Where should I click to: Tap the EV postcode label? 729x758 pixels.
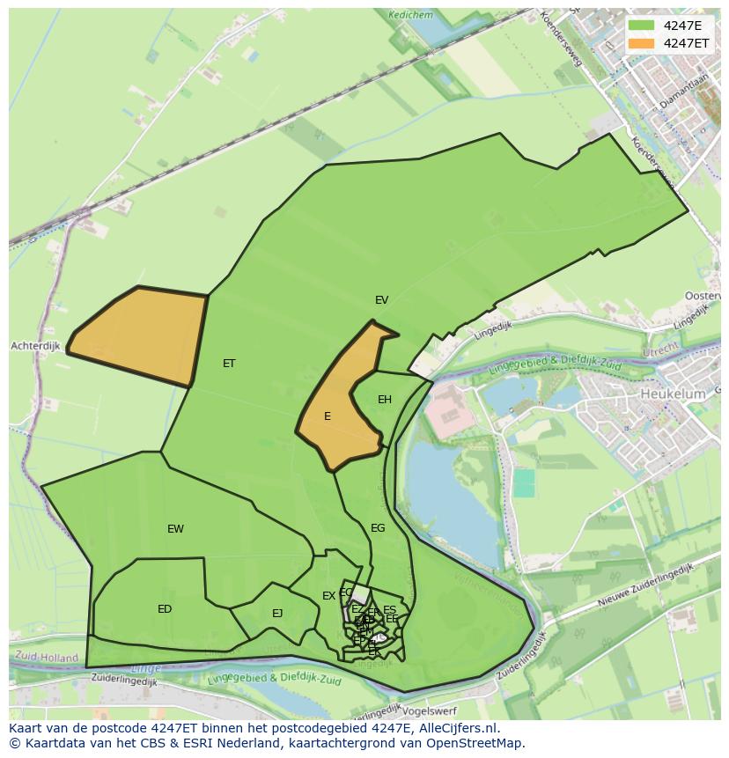381,300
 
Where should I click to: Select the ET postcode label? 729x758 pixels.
229,364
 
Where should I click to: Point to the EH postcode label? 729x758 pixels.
385,400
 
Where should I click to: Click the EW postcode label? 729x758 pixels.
175,529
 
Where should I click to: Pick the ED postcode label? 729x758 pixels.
165,609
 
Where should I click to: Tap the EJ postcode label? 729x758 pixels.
277,614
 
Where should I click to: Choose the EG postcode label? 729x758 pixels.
378,528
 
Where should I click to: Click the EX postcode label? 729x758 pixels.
328,596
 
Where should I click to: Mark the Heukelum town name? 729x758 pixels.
673,394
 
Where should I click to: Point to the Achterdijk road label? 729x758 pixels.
35,346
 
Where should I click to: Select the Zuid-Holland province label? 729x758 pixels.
47,658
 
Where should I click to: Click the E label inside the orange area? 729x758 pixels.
328,416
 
